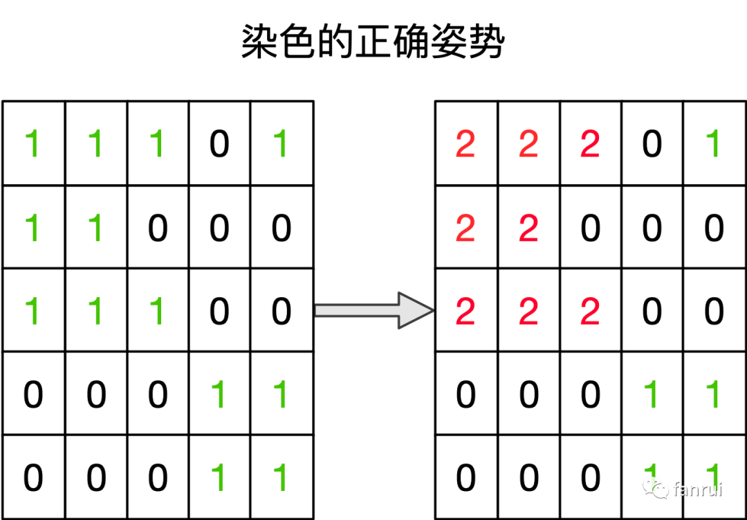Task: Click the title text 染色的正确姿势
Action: click(373, 42)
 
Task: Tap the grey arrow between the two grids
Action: click(373, 310)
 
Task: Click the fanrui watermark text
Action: click(697, 489)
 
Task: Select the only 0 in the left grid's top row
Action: click(219, 145)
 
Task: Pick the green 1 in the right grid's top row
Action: click(714, 145)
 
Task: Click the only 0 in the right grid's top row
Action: click(652, 145)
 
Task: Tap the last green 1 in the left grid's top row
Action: click(281, 145)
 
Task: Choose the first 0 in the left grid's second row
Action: click(158, 228)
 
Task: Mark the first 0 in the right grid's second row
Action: click(590, 228)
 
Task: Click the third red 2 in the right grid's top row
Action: click(590, 145)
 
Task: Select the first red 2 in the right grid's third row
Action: click(465, 312)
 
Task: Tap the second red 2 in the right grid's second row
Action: click(528, 228)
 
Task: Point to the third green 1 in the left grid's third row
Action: click(158, 312)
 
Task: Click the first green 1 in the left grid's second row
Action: click(32, 228)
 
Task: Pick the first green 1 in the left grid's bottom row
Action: click(219, 478)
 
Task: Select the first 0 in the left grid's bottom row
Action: click(33, 478)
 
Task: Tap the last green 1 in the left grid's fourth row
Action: click(281, 395)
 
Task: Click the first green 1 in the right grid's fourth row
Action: click(652, 395)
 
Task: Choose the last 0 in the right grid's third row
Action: click(714, 312)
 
